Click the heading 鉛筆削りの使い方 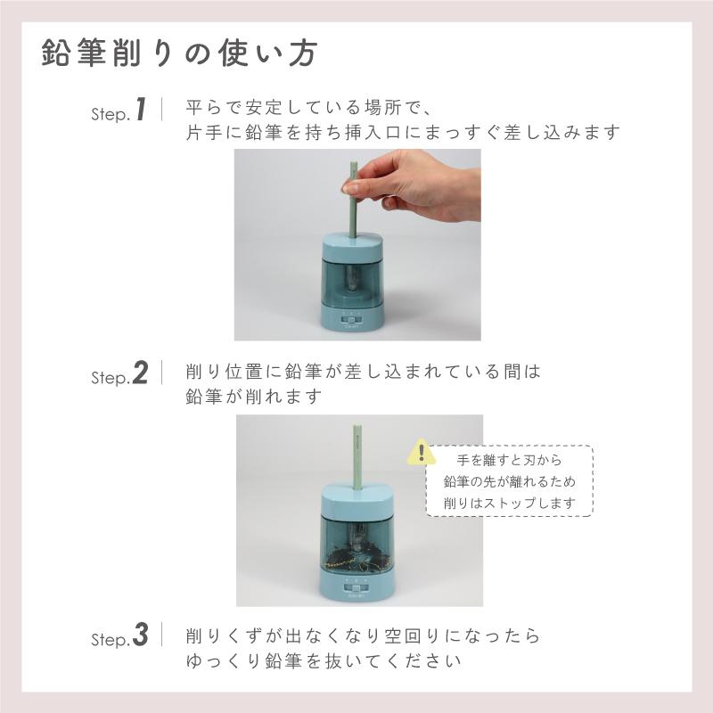(178, 53)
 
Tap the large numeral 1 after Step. (140, 111)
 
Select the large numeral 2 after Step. (140, 373)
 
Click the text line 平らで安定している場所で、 (308, 108)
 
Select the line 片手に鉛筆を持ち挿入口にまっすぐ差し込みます (402, 133)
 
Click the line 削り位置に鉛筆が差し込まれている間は (363, 371)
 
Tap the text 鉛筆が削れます (251, 396)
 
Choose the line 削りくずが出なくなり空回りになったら (363, 636)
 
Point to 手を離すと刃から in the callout (509, 461)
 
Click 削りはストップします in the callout (509, 504)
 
